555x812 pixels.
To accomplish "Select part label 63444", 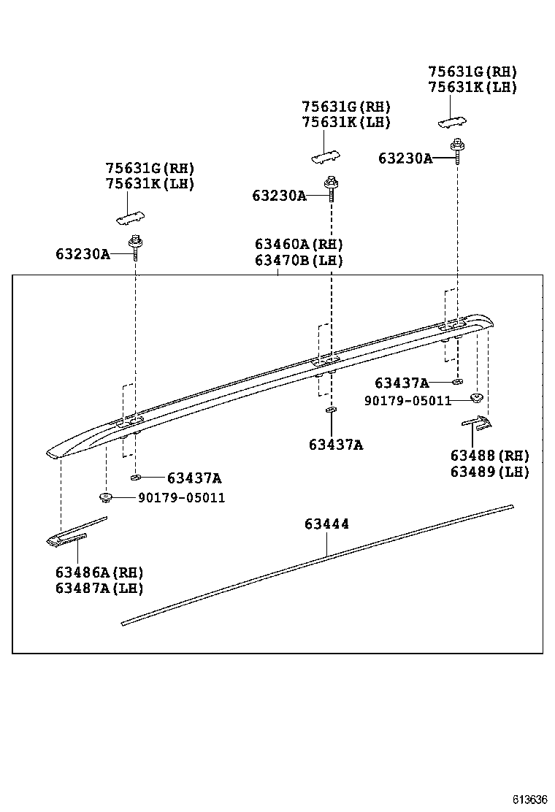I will coord(326,524).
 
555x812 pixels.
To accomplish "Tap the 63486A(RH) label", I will coord(99,572).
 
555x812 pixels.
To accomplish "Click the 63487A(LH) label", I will coord(99,589).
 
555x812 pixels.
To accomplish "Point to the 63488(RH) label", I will coord(489,456).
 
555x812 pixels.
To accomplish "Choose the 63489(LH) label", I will coord(489,472).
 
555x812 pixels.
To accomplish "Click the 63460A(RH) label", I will coord(299,244).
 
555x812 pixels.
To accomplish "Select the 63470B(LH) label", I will coord(299,260).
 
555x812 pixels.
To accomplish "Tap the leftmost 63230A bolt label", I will coord(83,254).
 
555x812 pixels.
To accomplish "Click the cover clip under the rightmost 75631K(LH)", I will coord(453,120).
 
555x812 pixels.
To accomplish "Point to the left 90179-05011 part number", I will coord(181,498).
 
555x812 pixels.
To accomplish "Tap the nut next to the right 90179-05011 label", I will coord(476,398).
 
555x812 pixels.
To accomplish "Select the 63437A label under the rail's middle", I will coord(335,445).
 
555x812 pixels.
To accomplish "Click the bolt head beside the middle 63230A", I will coord(331,183).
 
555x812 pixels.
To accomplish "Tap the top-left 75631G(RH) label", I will coord(150,169).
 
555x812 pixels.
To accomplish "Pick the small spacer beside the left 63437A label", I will coord(135,478).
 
